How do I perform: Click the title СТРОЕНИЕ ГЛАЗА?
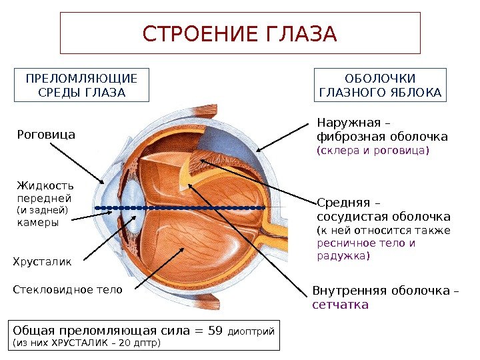point(240,33)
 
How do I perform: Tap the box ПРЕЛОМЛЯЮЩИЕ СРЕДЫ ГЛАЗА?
point(81,85)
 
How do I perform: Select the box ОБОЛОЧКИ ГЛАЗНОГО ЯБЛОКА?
point(381,85)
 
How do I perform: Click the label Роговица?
point(46,135)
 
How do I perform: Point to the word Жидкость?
point(45,185)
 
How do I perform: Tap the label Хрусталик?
point(42,262)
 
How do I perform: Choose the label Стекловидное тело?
point(68,290)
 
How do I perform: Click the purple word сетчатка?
point(340,305)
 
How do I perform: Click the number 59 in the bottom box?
point(215,331)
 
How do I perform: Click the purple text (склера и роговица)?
point(373,151)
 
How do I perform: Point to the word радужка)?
point(343,256)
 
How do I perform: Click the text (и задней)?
point(41,210)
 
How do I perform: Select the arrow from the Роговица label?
point(77,162)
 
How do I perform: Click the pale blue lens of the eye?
point(133,209)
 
